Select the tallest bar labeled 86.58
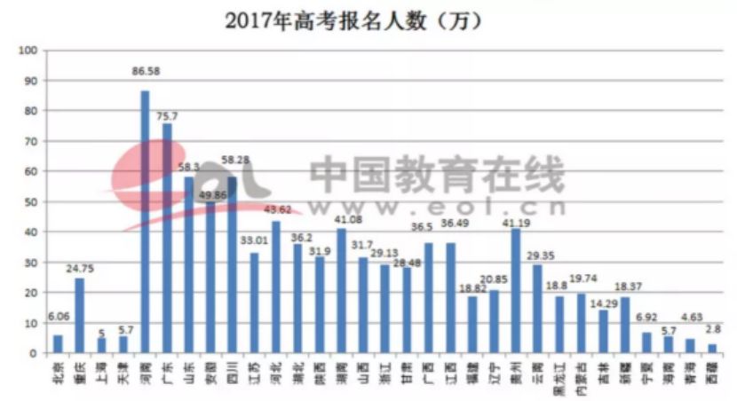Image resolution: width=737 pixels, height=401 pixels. (145, 222)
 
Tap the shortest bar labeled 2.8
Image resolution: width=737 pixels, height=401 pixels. (711, 349)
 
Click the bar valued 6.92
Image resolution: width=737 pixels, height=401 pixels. (646, 342)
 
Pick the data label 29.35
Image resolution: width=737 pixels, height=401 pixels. (538, 255)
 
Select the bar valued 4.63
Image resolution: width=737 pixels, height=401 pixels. (690, 346)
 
